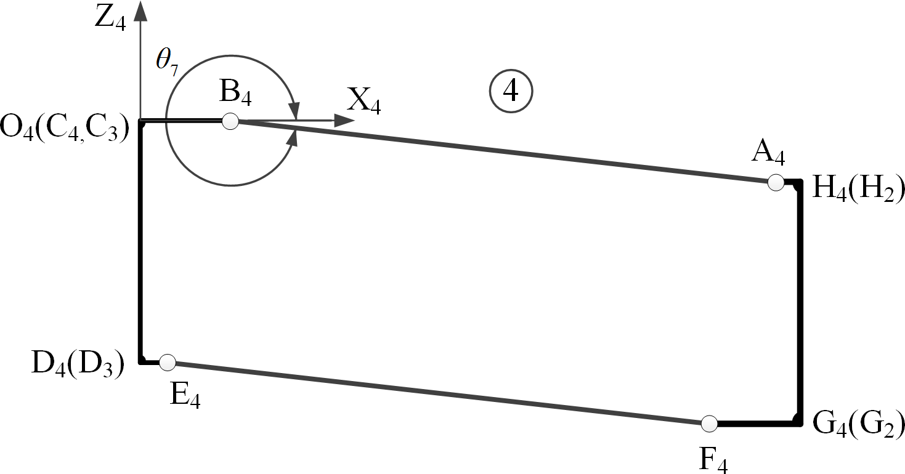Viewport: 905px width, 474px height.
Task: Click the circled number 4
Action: pyautogui.click(x=511, y=91)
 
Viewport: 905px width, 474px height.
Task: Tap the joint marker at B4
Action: pyautogui.click(x=230, y=121)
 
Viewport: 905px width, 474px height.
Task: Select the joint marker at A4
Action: pyautogui.click(x=776, y=182)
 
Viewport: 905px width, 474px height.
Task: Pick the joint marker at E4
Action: pyautogui.click(x=168, y=363)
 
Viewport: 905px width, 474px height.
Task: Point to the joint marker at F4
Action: pyautogui.click(x=709, y=424)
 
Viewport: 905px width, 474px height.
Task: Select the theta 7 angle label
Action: pyautogui.click(x=167, y=64)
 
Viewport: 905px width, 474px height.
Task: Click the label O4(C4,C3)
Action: pyautogui.click(x=64, y=130)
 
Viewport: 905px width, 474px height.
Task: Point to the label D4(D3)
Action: pyautogui.click(x=78, y=365)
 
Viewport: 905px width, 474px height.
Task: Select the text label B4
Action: pyautogui.click(x=234, y=95)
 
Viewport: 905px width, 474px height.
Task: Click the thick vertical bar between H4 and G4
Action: pyautogui.click(x=800, y=302)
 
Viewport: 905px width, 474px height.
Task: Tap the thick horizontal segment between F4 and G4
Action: pyautogui.click(x=755, y=424)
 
